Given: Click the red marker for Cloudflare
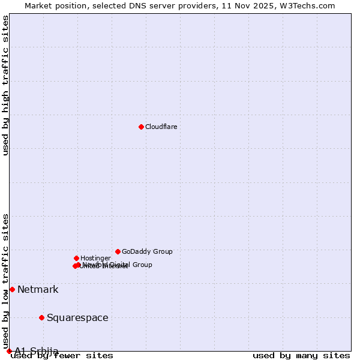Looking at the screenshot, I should pos(141,127).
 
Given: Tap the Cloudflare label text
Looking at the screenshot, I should pos(161,127).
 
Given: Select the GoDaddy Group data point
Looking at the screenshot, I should pos(118,251).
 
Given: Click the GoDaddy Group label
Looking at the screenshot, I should pos(147,251).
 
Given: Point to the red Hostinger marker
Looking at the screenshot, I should pos(76,258).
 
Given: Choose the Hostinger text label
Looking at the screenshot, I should pos(95,258).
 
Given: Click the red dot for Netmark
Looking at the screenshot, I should pos(12,289).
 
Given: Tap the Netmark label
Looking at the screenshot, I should pos(38,290).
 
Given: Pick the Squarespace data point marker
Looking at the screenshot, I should pos(41,317).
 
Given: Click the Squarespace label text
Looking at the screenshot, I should pos(77,318).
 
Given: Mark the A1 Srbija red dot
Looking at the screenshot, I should pos(9,351).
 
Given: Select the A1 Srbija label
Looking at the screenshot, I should pos(37,351).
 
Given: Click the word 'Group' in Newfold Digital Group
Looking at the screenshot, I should pos(142,265).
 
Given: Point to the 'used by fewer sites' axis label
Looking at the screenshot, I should pos(62,356).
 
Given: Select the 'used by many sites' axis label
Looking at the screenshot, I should pos(301,356).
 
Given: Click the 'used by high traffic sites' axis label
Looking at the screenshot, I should pos(6,85).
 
